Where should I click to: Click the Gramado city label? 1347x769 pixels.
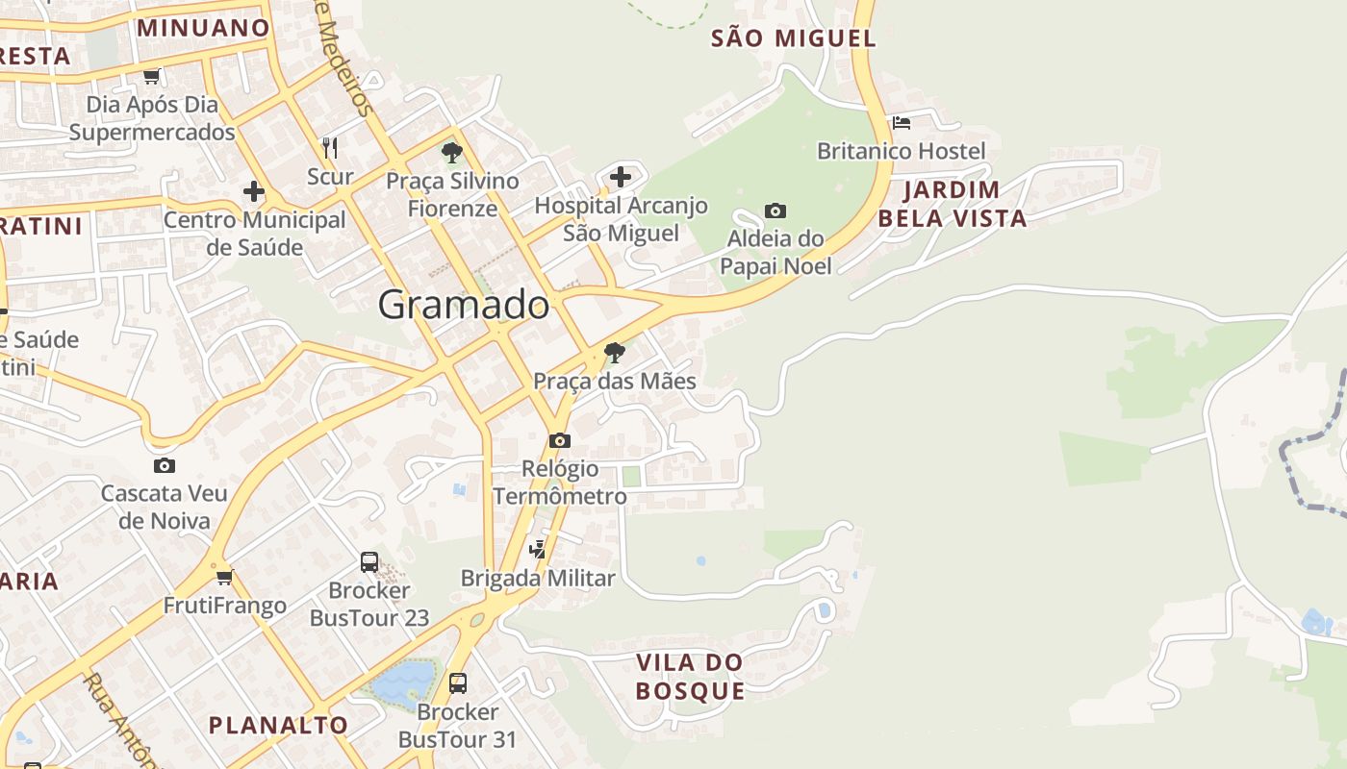(x=463, y=305)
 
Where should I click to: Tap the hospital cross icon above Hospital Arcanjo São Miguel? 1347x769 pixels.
(x=621, y=177)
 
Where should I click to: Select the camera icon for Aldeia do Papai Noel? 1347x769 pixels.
(x=775, y=211)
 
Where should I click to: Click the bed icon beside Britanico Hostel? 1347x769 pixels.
(x=902, y=123)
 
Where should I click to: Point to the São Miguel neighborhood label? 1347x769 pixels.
(x=794, y=38)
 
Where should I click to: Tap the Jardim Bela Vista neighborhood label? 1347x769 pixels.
(x=952, y=204)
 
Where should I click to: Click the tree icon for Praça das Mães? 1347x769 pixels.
(x=614, y=353)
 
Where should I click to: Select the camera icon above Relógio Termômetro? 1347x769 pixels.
(x=559, y=441)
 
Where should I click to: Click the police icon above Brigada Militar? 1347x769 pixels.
(x=538, y=550)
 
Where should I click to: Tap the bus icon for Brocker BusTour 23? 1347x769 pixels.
(x=369, y=562)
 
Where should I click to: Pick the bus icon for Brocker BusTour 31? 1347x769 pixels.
(x=458, y=683)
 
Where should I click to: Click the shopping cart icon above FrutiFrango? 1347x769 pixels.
(x=225, y=577)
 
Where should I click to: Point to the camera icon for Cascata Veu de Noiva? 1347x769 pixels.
(x=165, y=466)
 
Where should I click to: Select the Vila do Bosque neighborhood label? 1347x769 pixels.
(x=690, y=677)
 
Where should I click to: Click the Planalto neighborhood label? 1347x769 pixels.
(x=278, y=725)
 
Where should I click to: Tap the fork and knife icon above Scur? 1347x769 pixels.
(x=330, y=147)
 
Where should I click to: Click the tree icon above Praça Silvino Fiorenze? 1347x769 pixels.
(x=451, y=152)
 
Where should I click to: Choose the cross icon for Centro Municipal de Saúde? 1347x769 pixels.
(x=254, y=191)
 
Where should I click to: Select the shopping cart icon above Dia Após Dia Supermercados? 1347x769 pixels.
(x=152, y=76)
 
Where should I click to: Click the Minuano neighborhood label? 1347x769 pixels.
(x=203, y=27)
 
